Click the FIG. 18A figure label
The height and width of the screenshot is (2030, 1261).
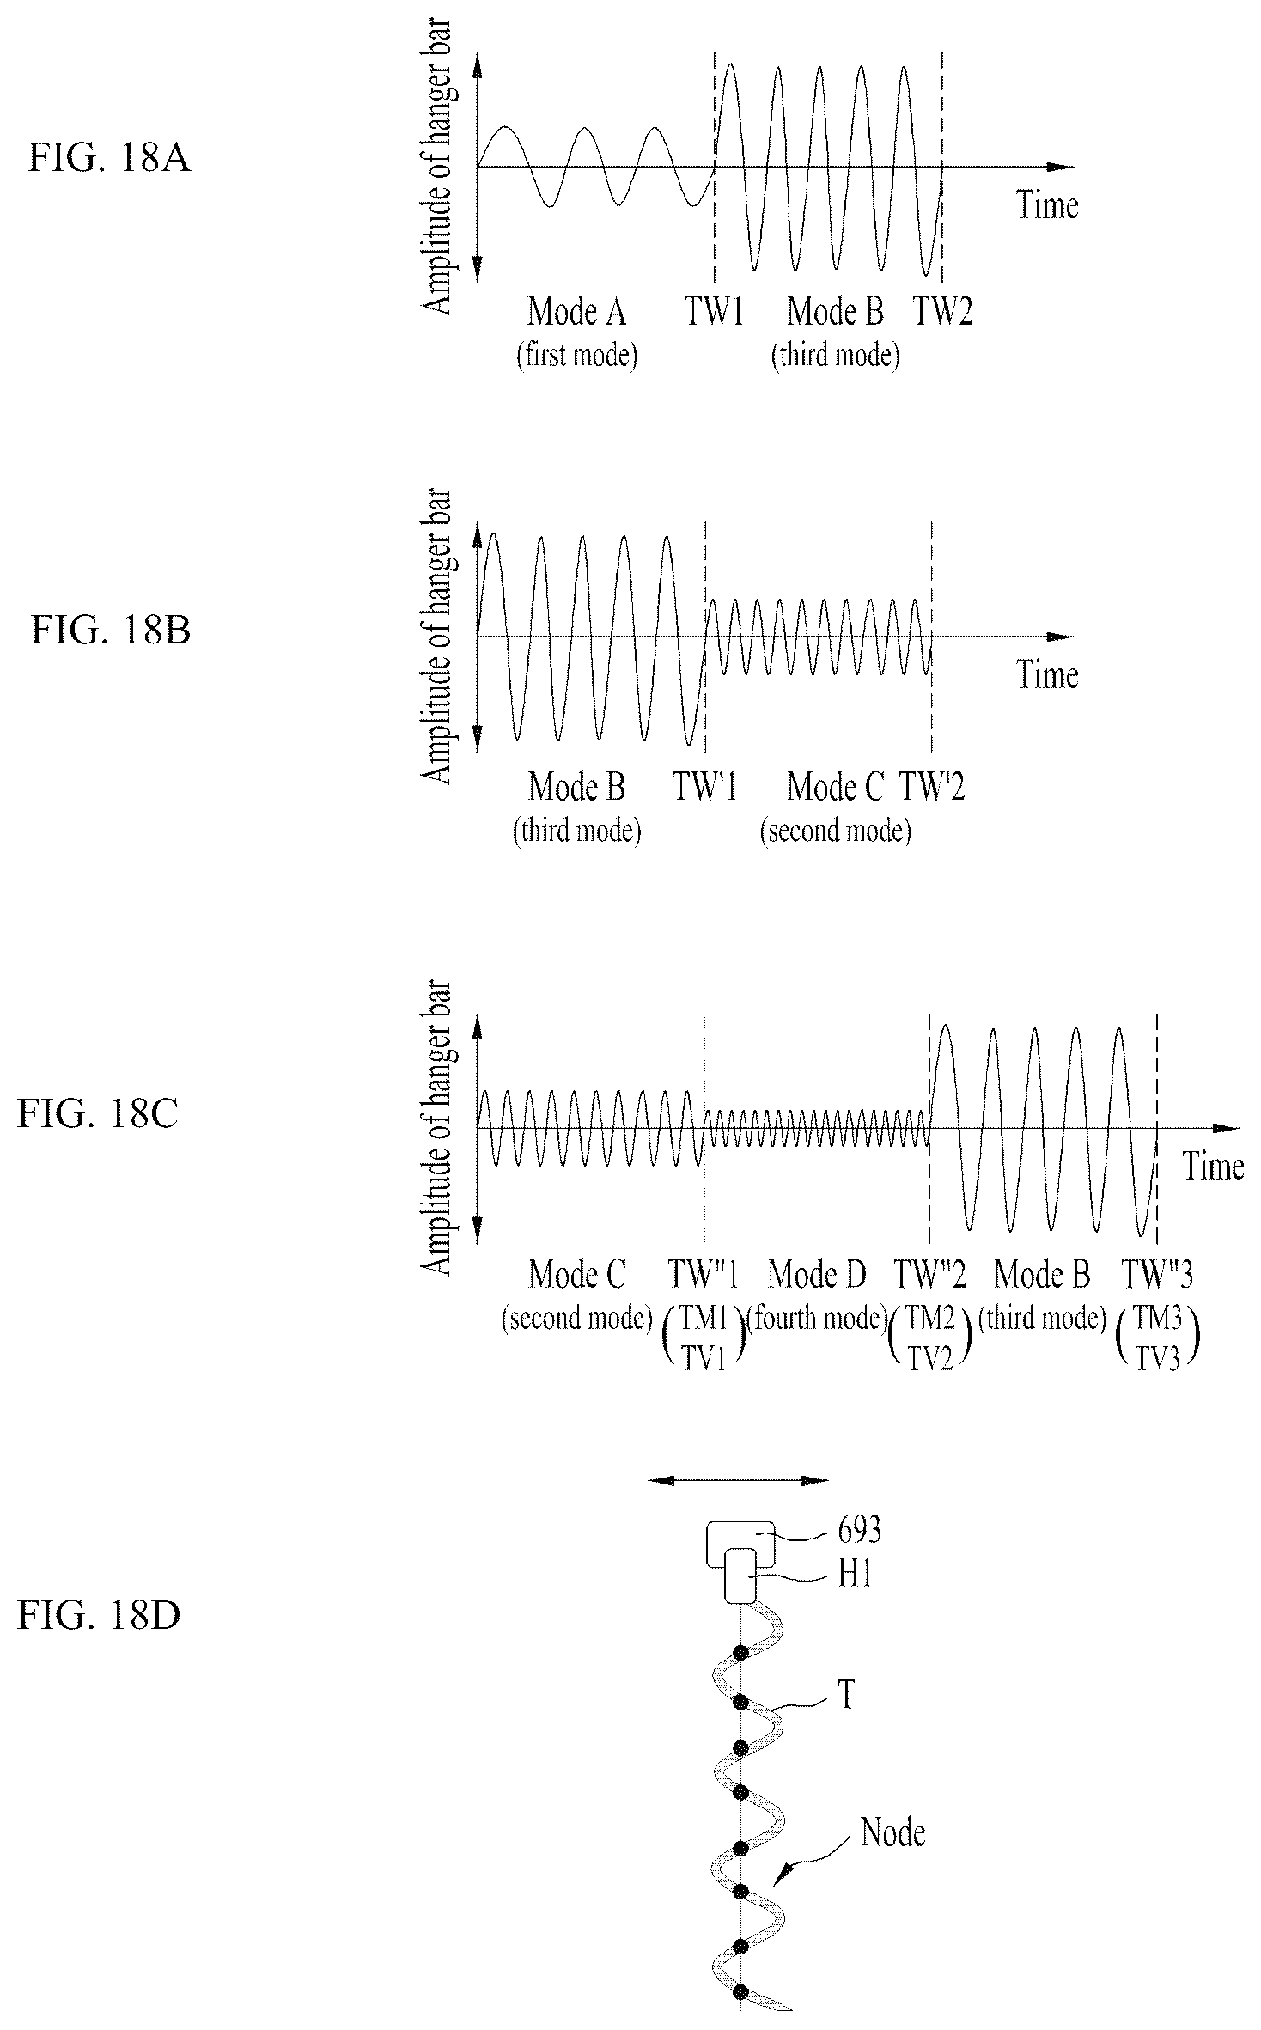pos(109,160)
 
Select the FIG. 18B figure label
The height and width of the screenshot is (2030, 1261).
pos(111,630)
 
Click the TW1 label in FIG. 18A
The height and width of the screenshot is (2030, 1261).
pos(714,310)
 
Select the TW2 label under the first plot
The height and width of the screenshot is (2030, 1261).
pos(942,310)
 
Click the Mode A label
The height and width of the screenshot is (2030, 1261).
pos(576,310)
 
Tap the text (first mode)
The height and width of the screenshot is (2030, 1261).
pos(577,355)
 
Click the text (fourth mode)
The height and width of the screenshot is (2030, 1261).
pos(817,1318)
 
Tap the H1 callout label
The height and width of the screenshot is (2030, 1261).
pos(856,1575)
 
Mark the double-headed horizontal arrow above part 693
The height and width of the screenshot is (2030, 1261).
pos(739,1480)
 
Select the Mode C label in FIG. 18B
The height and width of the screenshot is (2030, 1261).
pos(836,786)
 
